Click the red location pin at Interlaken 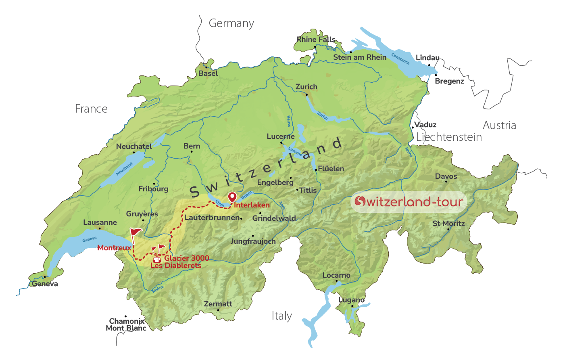tap(232, 197)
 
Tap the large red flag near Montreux tap(135, 232)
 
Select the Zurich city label tap(306, 87)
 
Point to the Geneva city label tap(45, 284)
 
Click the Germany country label tap(231, 23)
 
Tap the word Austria tap(499, 125)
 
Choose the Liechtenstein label tap(449, 137)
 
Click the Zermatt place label tap(218, 304)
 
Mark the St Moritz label tap(448, 224)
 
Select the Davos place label tap(446, 176)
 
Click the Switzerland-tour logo tap(409, 201)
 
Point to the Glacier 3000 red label tap(186, 258)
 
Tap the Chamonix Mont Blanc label tap(126, 324)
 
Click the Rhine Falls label tap(316, 40)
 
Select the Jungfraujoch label tap(253, 241)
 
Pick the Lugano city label tap(351, 300)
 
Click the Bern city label tap(192, 146)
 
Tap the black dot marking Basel tap(206, 67)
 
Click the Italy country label tap(281, 316)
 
